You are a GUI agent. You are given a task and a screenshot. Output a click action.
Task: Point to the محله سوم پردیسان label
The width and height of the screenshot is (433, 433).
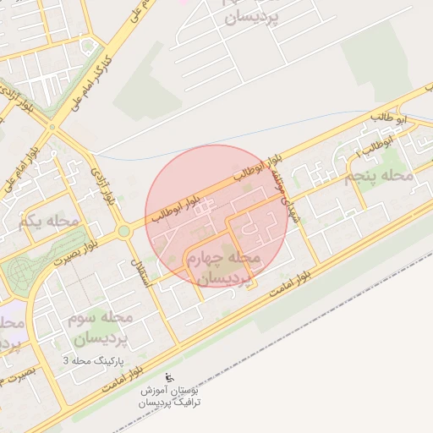[97, 328]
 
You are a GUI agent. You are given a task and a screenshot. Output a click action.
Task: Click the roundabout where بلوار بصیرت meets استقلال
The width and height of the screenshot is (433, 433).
[124, 231]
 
